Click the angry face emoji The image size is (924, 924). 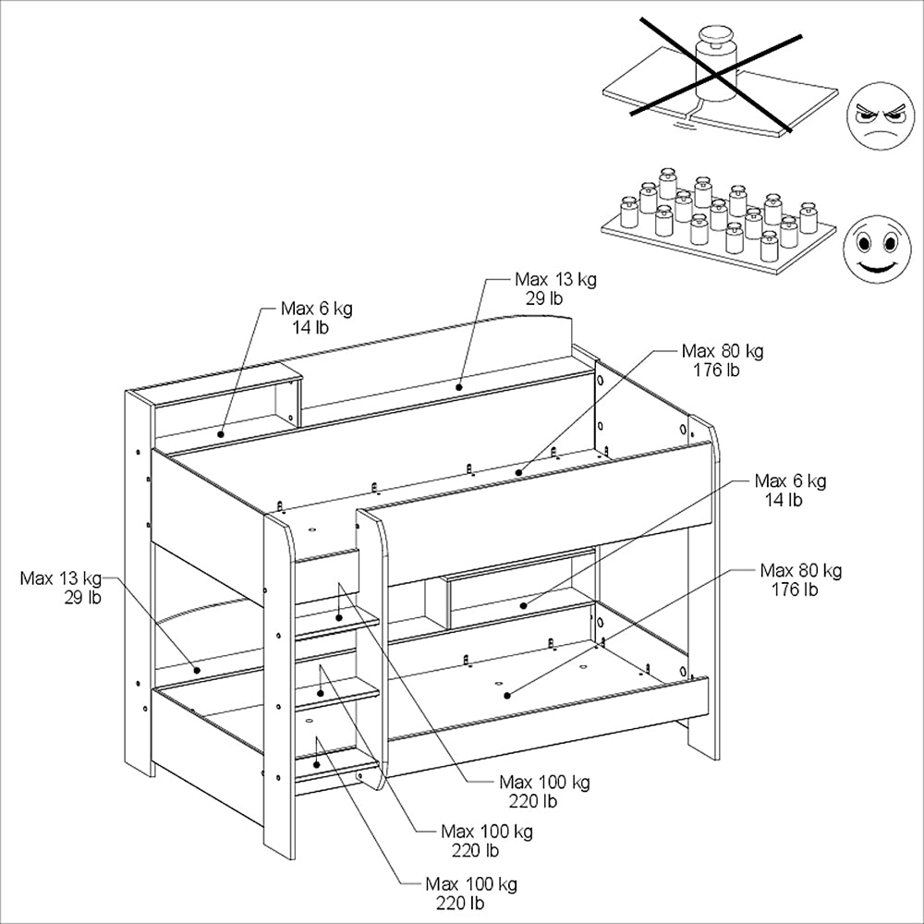pyautogui.click(x=881, y=115)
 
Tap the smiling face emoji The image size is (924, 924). pyautogui.click(x=877, y=249)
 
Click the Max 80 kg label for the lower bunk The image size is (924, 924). pyautogui.click(x=800, y=579)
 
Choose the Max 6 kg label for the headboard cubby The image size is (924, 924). pyautogui.click(x=316, y=318)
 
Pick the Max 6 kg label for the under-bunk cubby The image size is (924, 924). pyautogui.click(x=790, y=490)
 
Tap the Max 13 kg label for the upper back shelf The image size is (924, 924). pyautogui.click(x=555, y=288)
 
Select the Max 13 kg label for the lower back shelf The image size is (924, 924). pyautogui.click(x=61, y=588)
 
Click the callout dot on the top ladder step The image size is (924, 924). pyautogui.click(x=339, y=617)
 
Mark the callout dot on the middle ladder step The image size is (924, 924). pyautogui.click(x=320, y=694)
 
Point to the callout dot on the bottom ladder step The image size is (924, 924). pyautogui.click(x=316, y=764)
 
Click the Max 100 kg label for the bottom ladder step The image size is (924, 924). pyautogui.click(x=471, y=893)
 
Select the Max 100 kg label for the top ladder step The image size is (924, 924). pyautogui.click(x=544, y=791)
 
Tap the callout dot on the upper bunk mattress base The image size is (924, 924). pyautogui.click(x=518, y=472)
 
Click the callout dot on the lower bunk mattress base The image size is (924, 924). pyautogui.click(x=506, y=696)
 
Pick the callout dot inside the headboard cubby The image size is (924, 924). pyautogui.click(x=221, y=434)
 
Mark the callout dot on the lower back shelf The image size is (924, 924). pyautogui.click(x=197, y=670)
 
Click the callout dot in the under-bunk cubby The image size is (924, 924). pyautogui.click(x=523, y=605)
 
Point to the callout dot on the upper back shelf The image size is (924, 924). pyautogui.click(x=458, y=387)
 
